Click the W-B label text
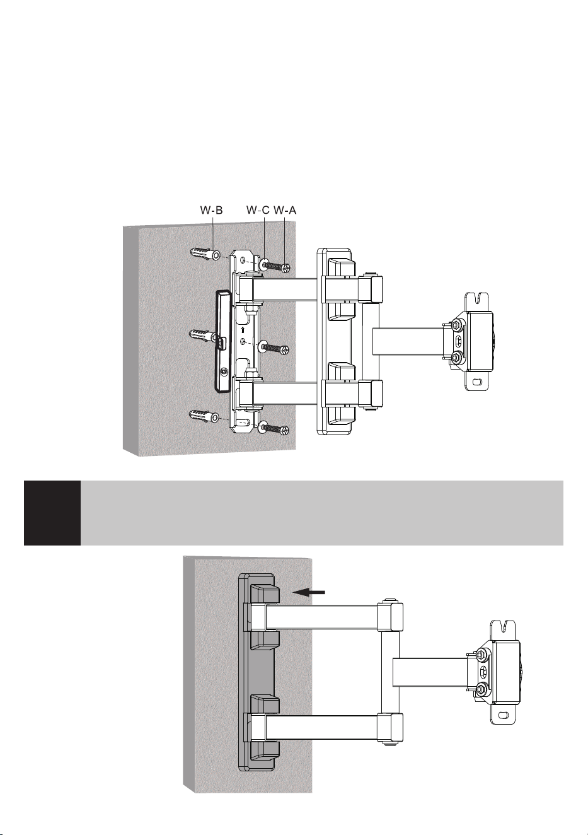click(211, 211)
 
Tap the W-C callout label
click(258, 211)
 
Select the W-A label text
click(285, 211)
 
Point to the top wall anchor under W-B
click(205, 254)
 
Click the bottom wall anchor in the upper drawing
click(205, 416)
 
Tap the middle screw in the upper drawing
click(277, 349)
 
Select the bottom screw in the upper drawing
click(277, 429)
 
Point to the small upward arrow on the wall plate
click(243, 330)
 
